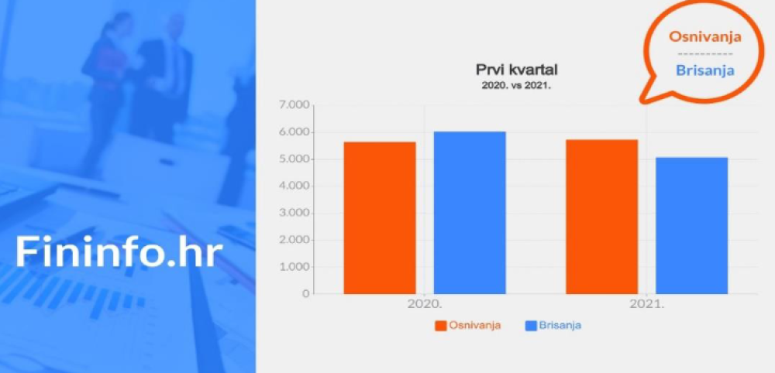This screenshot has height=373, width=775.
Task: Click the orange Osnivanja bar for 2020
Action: click(x=380, y=217)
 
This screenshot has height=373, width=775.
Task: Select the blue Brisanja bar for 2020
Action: click(x=470, y=213)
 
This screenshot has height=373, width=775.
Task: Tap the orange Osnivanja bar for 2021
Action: click(x=601, y=217)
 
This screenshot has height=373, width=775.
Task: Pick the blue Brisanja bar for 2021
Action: click(x=691, y=225)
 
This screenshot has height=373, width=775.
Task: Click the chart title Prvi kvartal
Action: click(x=516, y=70)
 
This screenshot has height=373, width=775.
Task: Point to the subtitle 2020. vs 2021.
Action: click(x=516, y=85)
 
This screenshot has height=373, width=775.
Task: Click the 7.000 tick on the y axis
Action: click(x=295, y=105)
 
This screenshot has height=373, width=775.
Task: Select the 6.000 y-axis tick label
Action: click(x=295, y=132)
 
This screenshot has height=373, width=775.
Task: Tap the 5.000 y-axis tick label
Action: click(x=295, y=159)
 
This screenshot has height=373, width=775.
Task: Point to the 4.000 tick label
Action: click(x=295, y=186)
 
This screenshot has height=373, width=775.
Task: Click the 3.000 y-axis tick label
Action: click(x=295, y=213)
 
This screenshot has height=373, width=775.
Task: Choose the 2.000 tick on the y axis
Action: click(x=295, y=240)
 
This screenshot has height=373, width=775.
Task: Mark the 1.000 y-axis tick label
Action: click(x=295, y=267)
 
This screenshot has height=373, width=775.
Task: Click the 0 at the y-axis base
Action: click(x=305, y=294)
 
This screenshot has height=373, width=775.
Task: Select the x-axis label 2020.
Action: click(x=425, y=304)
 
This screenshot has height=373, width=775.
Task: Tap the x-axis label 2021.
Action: click(x=646, y=304)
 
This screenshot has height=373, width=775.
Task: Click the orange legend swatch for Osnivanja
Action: click(x=441, y=326)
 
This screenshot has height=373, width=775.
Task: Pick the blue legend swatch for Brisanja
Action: click(x=531, y=326)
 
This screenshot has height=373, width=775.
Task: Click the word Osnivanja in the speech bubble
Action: click(x=705, y=37)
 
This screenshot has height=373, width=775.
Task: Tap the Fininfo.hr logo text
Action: click(x=119, y=252)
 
